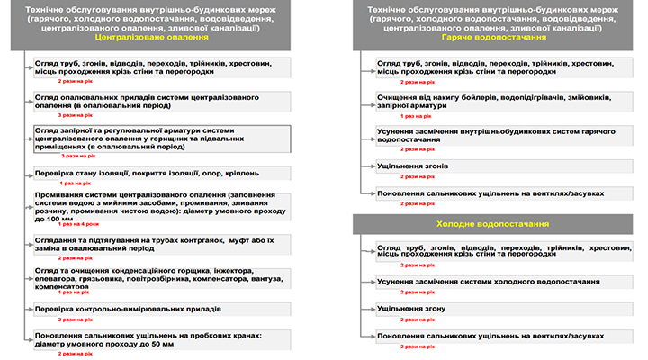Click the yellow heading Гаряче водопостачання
point(495,39)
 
